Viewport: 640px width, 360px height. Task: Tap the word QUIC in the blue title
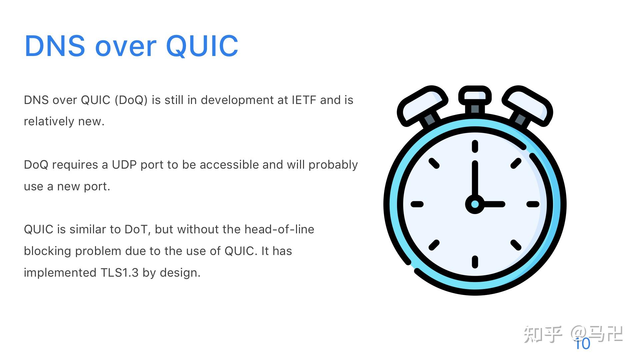coord(202,46)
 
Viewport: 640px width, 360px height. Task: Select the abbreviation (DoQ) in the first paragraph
coord(131,100)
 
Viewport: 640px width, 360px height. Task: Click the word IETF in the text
coord(304,100)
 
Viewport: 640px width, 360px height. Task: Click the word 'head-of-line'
coord(279,229)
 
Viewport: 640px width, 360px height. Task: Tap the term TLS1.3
coord(119,273)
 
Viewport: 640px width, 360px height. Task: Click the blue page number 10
coord(583,344)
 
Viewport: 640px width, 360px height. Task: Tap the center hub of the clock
coord(475,204)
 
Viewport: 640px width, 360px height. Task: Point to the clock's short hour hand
coord(493,204)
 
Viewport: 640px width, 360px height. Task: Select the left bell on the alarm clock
coord(422,105)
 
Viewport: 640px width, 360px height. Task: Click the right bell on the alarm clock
coord(527,105)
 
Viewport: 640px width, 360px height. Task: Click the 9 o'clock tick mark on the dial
coord(417,204)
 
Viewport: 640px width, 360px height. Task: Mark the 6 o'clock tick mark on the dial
coord(475,262)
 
